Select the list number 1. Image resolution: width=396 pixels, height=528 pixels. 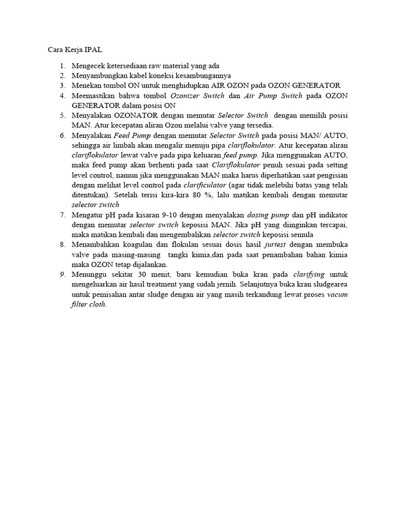tap(62, 66)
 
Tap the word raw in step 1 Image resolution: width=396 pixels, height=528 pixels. tap(156, 66)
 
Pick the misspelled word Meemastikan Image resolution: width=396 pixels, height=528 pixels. tap(96, 96)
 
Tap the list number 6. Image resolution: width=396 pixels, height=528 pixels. tap(62, 136)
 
